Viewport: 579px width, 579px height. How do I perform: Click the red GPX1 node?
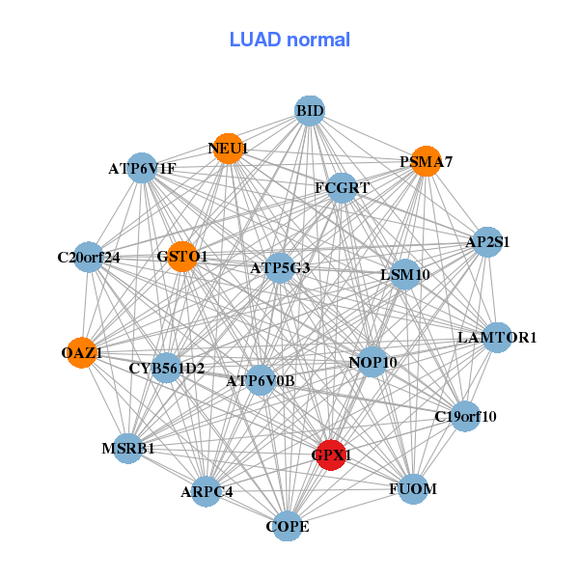pyautogui.click(x=331, y=455)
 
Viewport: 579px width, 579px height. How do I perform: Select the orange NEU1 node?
pyautogui.click(x=228, y=149)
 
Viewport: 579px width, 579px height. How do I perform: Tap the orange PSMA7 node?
pyautogui.click(x=422, y=161)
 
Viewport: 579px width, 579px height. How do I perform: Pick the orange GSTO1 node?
pyautogui.click(x=182, y=257)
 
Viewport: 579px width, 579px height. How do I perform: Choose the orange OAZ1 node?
pyautogui.click(x=84, y=353)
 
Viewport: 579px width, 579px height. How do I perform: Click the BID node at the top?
pyautogui.click(x=309, y=111)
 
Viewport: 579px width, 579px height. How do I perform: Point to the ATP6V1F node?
pyautogui.click(x=142, y=169)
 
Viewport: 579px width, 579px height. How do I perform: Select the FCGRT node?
pyautogui.click(x=342, y=188)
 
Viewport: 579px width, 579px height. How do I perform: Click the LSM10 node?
pyautogui.click(x=404, y=275)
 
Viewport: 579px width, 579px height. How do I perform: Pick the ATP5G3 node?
pyautogui.click(x=280, y=267)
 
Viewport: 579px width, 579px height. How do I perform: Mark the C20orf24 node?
pyautogui.click(x=89, y=257)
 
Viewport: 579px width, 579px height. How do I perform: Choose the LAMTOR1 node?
pyautogui.click(x=497, y=338)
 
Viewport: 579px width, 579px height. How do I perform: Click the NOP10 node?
pyautogui.click(x=372, y=363)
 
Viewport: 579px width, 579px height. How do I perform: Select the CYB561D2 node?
pyautogui.click(x=166, y=368)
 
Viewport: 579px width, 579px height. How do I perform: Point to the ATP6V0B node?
pyautogui.click(x=260, y=381)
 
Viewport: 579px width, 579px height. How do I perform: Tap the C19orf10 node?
pyautogui.click(x=465, y=417)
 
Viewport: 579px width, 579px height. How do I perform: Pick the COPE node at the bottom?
pyautogui.click(x=288, y=526)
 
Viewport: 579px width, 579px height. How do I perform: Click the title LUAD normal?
pyautogui.click(x=289, y=40)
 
